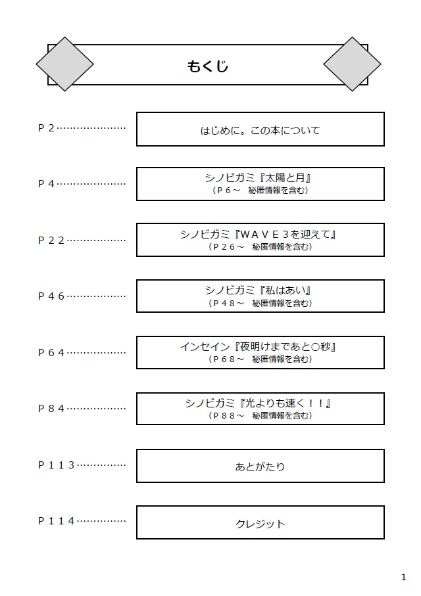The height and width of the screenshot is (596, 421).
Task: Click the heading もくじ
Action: tap(208, 66)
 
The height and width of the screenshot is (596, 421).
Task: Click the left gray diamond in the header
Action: tap(64, 64)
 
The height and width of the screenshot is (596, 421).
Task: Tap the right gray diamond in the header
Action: tap(352, 64)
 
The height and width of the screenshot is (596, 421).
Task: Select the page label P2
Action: tap(46, 128)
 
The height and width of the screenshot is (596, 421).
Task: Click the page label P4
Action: tap(46, 184)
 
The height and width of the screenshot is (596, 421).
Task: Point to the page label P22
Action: tap(51, 240)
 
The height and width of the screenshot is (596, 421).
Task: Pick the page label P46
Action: tap(51, 296)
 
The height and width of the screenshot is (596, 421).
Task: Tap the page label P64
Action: tap(51, 352)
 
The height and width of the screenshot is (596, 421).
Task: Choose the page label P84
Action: tap(51, 409)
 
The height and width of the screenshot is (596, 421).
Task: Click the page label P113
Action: tap(57, 465)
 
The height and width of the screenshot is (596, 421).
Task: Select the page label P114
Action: tap(57, 521)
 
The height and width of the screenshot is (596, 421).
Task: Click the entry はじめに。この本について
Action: tap(260, 130)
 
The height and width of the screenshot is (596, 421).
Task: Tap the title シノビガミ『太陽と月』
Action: tap(257, 178)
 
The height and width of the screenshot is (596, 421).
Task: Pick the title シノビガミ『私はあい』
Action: tap(257, 290)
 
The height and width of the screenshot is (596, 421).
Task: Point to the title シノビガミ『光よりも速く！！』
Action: tap(257, 403)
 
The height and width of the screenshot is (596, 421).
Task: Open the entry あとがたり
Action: tap(260, 467)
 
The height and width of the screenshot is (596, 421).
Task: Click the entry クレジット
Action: tap(260, 524)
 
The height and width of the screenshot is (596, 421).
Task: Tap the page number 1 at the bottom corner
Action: tap(403, 578)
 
